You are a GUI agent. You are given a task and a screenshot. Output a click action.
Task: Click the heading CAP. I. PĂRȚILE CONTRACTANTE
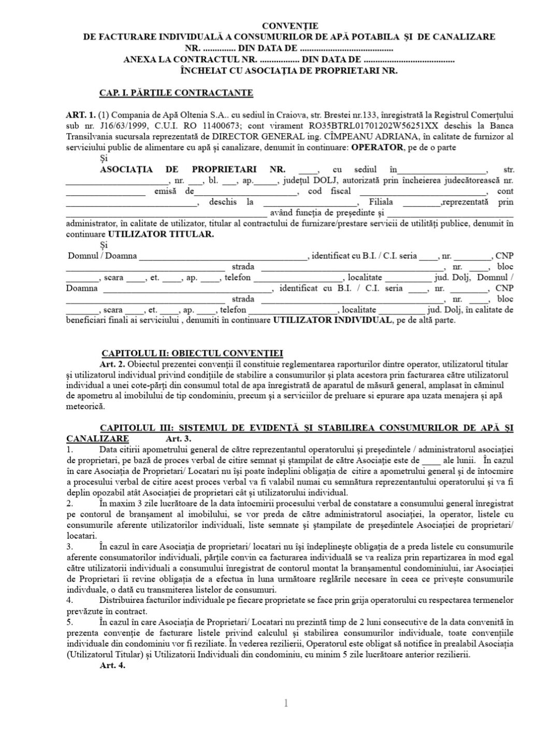[x=176, y=93]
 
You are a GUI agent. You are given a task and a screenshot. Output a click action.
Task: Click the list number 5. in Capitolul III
[x=70, y=622]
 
